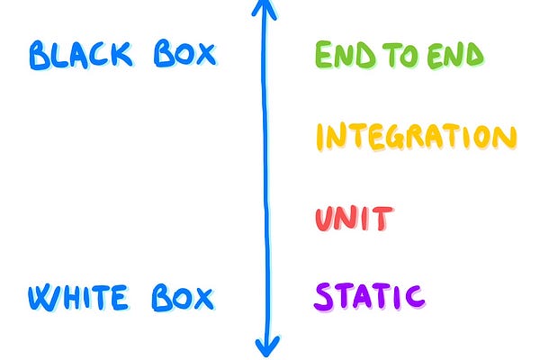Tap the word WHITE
coord(82,297)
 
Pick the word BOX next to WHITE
coord(182,297)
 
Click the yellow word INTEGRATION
coord(416,138)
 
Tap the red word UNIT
coord(354,219)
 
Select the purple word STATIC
coord(369,295)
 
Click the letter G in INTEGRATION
coord(393,138)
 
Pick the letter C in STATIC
coord(412,295)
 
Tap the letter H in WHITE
coord(74,297)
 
